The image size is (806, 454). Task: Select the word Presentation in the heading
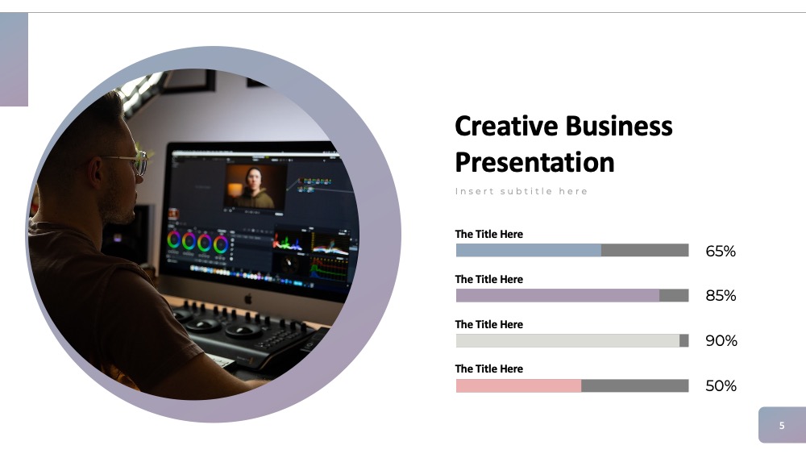coord(534,162)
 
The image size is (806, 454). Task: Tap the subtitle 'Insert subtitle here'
coord(521,191)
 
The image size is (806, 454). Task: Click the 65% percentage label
coord(721,251)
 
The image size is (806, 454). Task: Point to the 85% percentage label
coord(721,296)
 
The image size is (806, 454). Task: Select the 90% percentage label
coord(721,340)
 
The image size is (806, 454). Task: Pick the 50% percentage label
coord(721,385)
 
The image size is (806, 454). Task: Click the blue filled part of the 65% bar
coord(529,251)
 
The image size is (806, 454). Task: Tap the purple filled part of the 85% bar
coord(558,296)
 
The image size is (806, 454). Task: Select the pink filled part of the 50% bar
coord(518,385)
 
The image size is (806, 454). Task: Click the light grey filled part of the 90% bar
coord(567,340)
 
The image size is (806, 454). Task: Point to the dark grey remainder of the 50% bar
coord(635,385)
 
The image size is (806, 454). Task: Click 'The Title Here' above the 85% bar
coord(489,279)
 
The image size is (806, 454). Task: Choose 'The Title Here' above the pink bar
coord(489,369)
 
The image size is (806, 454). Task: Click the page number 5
coord(782,425)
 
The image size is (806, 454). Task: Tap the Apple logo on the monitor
coord(248,298)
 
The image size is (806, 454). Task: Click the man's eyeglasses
coord(128,161)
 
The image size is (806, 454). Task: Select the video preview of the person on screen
coord(256,186)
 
